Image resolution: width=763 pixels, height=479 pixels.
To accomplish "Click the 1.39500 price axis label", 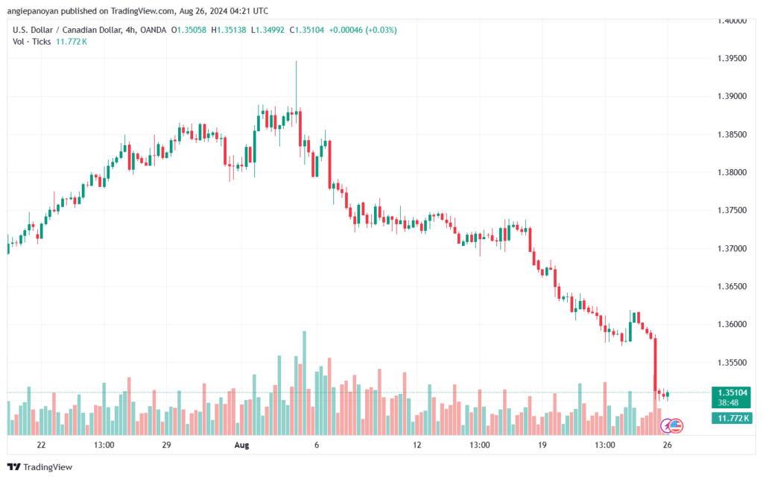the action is [x=732, y=58].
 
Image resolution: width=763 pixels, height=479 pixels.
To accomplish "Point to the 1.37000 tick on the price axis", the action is [x=732, y=249].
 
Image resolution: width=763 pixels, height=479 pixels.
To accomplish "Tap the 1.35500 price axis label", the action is [x=732, y=362].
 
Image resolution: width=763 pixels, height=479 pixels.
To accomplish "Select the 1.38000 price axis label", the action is [x=732, y=172].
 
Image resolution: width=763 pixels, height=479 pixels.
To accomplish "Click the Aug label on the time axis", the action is [x=241, y=445].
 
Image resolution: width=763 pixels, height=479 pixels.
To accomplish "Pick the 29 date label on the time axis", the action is [x=166, y=445].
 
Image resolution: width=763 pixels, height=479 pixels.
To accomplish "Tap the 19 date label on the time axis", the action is [x=542, y=445].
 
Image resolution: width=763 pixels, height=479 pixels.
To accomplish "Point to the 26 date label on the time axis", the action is [x=667, y=445].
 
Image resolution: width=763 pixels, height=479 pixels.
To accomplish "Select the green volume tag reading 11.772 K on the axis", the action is [x=732, y=418].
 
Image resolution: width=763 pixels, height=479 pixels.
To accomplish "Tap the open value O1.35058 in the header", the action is [x=189, y=30].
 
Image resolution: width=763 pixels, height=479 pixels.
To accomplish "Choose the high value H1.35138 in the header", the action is [x=229, y=30].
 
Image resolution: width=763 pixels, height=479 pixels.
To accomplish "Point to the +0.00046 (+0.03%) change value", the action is [x=363, y=30].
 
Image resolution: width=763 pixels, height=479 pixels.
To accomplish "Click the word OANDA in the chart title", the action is [x=153, y=30].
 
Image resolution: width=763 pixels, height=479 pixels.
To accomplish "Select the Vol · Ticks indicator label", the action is [x=31, y=42].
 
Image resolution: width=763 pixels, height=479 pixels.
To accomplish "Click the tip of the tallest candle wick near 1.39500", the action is [x=296, y=61].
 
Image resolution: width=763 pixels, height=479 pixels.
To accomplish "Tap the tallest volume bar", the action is [x=305, y=383].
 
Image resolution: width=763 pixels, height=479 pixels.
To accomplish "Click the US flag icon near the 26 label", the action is [x=675, y=426].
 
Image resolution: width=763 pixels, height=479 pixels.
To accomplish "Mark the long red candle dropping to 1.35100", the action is [x=656, y=364].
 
